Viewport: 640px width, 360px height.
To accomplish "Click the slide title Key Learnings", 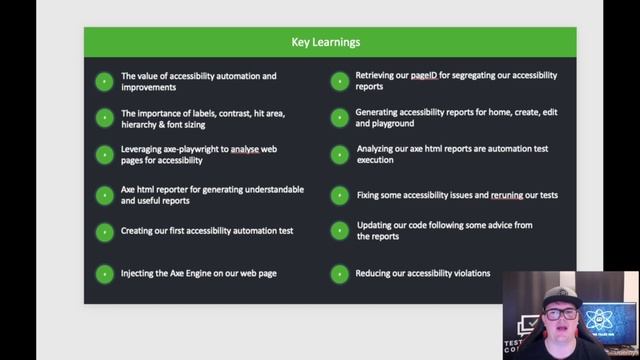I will [x=326, y=42].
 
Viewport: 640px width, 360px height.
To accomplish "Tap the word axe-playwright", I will [x=196, y=149].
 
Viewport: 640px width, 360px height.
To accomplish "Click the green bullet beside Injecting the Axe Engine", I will [x=104, y=273].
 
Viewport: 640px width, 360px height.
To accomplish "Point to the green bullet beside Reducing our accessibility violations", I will [x=339, y=273].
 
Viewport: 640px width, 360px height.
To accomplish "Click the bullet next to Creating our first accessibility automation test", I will [x=104, y=231].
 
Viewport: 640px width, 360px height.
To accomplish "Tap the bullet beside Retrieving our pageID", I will [x=339, y=81].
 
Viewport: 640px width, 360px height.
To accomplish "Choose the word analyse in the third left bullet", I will [x=245, y=149].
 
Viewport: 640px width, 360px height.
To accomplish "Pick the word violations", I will [x=469, y=273].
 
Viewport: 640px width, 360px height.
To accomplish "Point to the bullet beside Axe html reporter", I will [x=104, y=195].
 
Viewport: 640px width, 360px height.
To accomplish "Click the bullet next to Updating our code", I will [x=339, y=231].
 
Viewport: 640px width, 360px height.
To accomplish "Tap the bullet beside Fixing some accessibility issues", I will [x=339, y=195].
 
